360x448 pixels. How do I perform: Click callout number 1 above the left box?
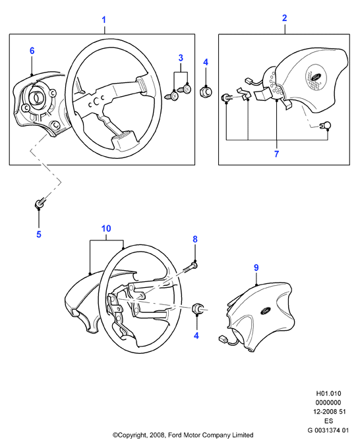(104, 20)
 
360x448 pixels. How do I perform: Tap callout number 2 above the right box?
(284, 18)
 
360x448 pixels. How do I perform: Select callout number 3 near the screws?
(181, 58)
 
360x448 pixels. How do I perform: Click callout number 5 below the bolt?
(39, 235)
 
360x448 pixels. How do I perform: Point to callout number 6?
(32, 51)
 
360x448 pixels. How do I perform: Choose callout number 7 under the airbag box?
(276, 154)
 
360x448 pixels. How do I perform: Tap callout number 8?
(195, 239)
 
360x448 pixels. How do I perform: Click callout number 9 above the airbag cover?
(256, 267)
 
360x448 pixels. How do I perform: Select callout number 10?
(106, 229)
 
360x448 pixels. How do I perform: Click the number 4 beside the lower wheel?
(196, 335)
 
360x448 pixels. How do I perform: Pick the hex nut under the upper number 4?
(206, 92)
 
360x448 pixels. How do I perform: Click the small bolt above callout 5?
(40, 203)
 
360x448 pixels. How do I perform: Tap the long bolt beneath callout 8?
(189, 267)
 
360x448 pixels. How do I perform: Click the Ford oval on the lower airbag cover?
(265, 310)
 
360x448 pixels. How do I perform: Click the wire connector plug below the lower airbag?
(223, 339)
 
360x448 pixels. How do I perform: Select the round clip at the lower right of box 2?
(326, 126)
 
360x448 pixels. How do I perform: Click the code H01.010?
(328, 393)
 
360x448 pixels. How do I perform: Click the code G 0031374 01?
(328, 430)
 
